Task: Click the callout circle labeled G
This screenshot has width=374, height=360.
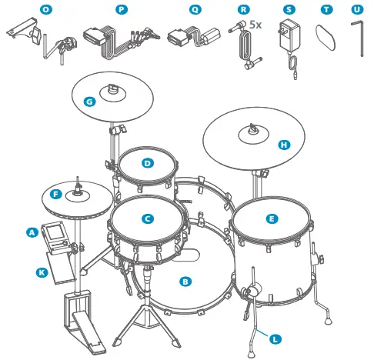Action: pos(90,101)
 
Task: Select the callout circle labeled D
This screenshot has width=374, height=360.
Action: pos(146,162)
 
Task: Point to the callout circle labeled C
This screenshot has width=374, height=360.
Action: pos(146,218)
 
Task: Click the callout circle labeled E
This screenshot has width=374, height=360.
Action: pos(271,218)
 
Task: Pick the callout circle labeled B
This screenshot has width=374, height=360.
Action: pos(185,282)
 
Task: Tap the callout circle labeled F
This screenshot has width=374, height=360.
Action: pos(55,194)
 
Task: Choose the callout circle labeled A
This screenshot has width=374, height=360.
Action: pos(32,231)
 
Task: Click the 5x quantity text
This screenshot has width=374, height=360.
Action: pos(255,25)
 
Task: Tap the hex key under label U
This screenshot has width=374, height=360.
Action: pos(359,38)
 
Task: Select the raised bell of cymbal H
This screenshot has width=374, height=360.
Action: pos(253,134)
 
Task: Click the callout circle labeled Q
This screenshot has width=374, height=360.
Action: pos(194,9)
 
